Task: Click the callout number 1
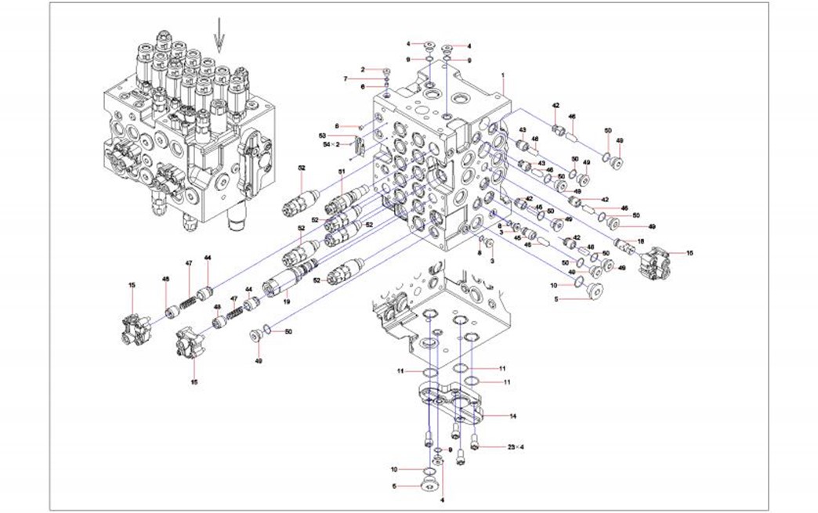point(502,74)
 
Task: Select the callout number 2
point(364,70)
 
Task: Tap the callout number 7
point(345,78)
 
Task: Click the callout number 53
point(344,135)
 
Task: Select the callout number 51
point(342,171)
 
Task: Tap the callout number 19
point(287,300)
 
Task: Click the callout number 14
point(512,416)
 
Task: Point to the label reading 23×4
point(515,446)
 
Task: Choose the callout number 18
point(640,241)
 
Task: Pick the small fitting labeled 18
point(624,244)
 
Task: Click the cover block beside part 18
point(660,263)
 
